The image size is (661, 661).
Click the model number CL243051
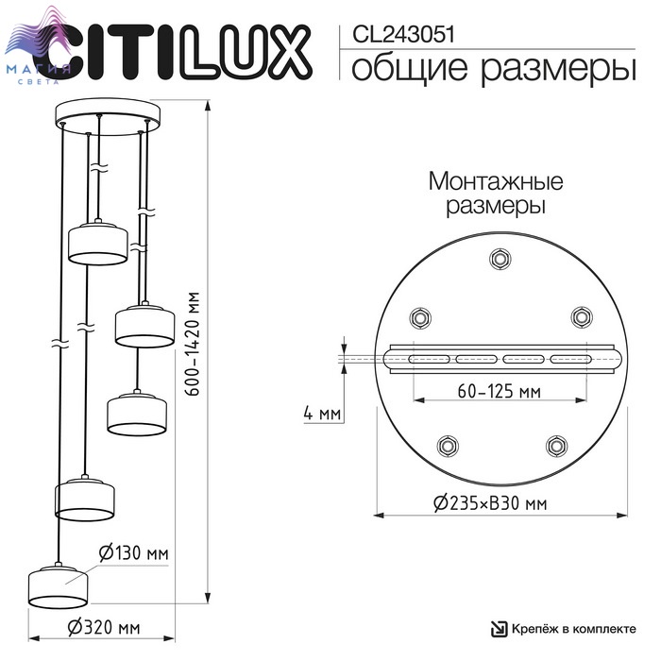[403, 35]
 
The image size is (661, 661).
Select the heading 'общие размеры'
[493, 69]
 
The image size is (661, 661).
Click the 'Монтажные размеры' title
[496, 194]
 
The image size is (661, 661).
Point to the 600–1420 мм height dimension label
[193, 344]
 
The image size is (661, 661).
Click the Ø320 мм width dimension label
[104, 628]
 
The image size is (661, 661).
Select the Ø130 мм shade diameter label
[134, 553]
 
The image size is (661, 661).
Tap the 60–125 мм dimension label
[500, 391]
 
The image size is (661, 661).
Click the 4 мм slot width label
[322, 414]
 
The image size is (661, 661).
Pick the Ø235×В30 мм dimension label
[490, 503]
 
